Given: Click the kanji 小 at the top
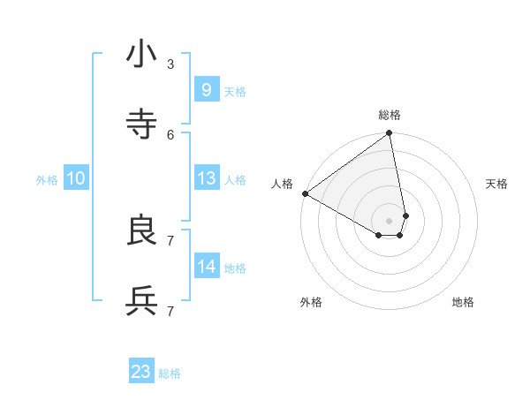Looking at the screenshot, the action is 141,55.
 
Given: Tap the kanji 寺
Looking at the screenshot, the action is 141,125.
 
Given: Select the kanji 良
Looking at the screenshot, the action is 141,231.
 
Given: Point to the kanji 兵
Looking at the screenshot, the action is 141,302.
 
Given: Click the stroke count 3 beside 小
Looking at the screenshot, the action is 170,64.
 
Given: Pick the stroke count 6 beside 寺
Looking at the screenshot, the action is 170,134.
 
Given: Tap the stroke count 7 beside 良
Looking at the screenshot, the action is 170,240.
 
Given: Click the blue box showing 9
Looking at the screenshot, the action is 206,89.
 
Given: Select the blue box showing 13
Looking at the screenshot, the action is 206,178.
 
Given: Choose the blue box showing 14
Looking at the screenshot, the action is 206,266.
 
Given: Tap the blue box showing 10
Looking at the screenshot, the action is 76,178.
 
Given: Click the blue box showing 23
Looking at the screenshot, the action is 141,372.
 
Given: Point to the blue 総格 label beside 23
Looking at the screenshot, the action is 170,373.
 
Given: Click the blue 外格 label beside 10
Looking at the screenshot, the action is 47,180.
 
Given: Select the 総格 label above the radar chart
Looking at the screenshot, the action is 390,115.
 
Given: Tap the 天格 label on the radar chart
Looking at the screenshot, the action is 496,184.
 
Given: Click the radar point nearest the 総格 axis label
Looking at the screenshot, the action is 390,134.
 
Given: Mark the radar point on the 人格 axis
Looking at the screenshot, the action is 305,193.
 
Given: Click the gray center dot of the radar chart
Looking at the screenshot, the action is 390,220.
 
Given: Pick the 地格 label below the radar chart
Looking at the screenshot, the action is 463,302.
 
